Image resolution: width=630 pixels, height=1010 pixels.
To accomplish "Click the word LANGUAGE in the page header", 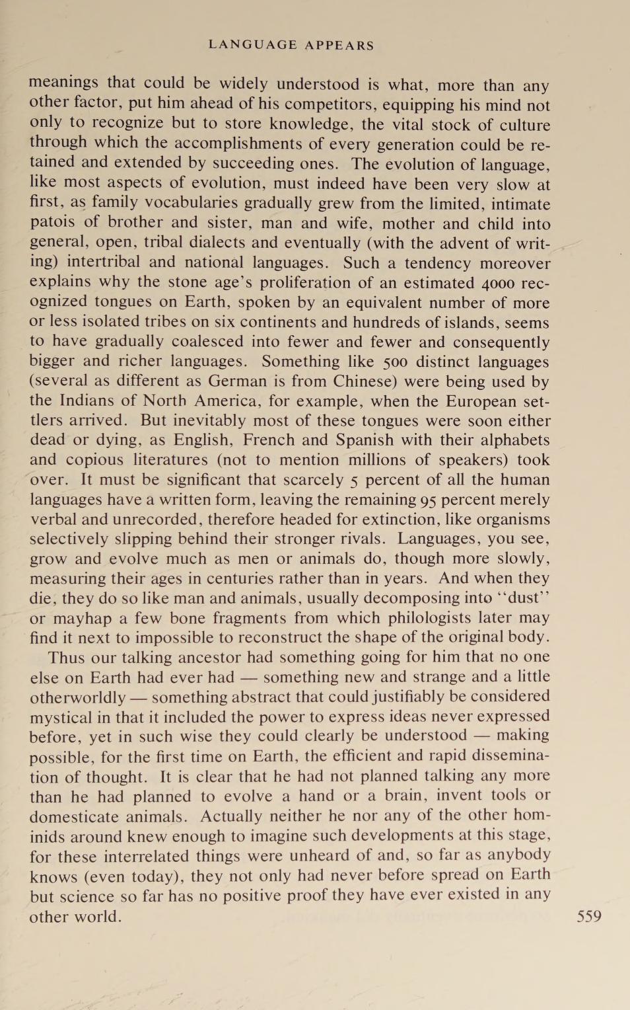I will click(252, 45).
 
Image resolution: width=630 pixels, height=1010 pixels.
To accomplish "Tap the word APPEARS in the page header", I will click(339, 46).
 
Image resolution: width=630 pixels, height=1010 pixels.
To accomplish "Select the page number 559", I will click(589, 916).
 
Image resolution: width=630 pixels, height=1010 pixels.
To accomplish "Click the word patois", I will click(52, 223).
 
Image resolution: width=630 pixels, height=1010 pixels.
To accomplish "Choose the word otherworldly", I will click(77, 697).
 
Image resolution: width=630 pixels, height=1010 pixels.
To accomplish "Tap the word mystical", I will click(61, 717).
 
